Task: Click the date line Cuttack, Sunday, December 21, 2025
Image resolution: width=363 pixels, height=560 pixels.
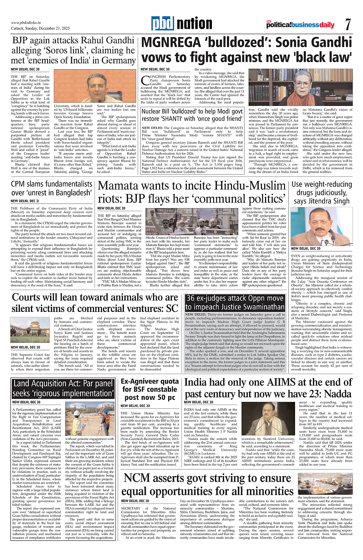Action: click(x=36, y=28)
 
